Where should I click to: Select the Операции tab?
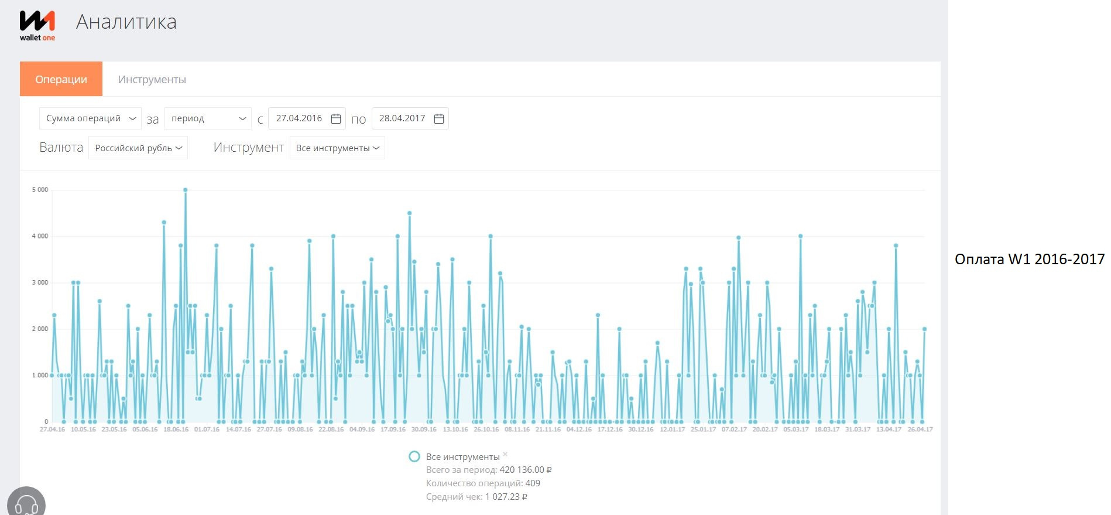[x=61, y=79]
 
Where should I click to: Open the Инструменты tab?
[x=152, y=79]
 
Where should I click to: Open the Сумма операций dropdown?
[x=90, y=118]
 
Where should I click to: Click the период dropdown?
[x=208, y=118]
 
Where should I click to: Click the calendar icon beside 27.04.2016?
[x=336, y=118]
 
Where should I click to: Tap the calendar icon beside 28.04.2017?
[x=439, y=118]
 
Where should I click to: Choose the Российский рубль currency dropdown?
[x=138, y=148]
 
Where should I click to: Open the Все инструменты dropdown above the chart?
[x=337, y=148]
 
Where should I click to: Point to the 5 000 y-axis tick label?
[x=40, y=190]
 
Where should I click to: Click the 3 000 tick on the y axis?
[x=40, y=282]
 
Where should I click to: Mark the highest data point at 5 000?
[x=186, y=190]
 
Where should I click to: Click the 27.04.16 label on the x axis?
[x=52, y=429]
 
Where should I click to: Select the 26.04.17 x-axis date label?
[x=920, y=429]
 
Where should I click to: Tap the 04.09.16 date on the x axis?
[x=362, y=429]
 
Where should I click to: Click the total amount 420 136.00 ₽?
[x=526, y=470]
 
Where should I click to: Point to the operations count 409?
[x=533, y=483]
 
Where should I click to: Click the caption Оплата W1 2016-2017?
[x=1030, y=259]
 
